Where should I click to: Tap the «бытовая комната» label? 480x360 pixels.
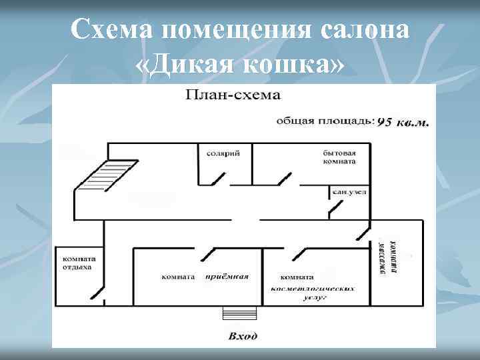click(x=339, y=157)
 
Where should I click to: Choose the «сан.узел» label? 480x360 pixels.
click(x=349, y=192)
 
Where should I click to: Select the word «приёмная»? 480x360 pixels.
click(x=227, y=276)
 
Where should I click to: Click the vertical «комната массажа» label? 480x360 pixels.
click(x=388, y=262)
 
